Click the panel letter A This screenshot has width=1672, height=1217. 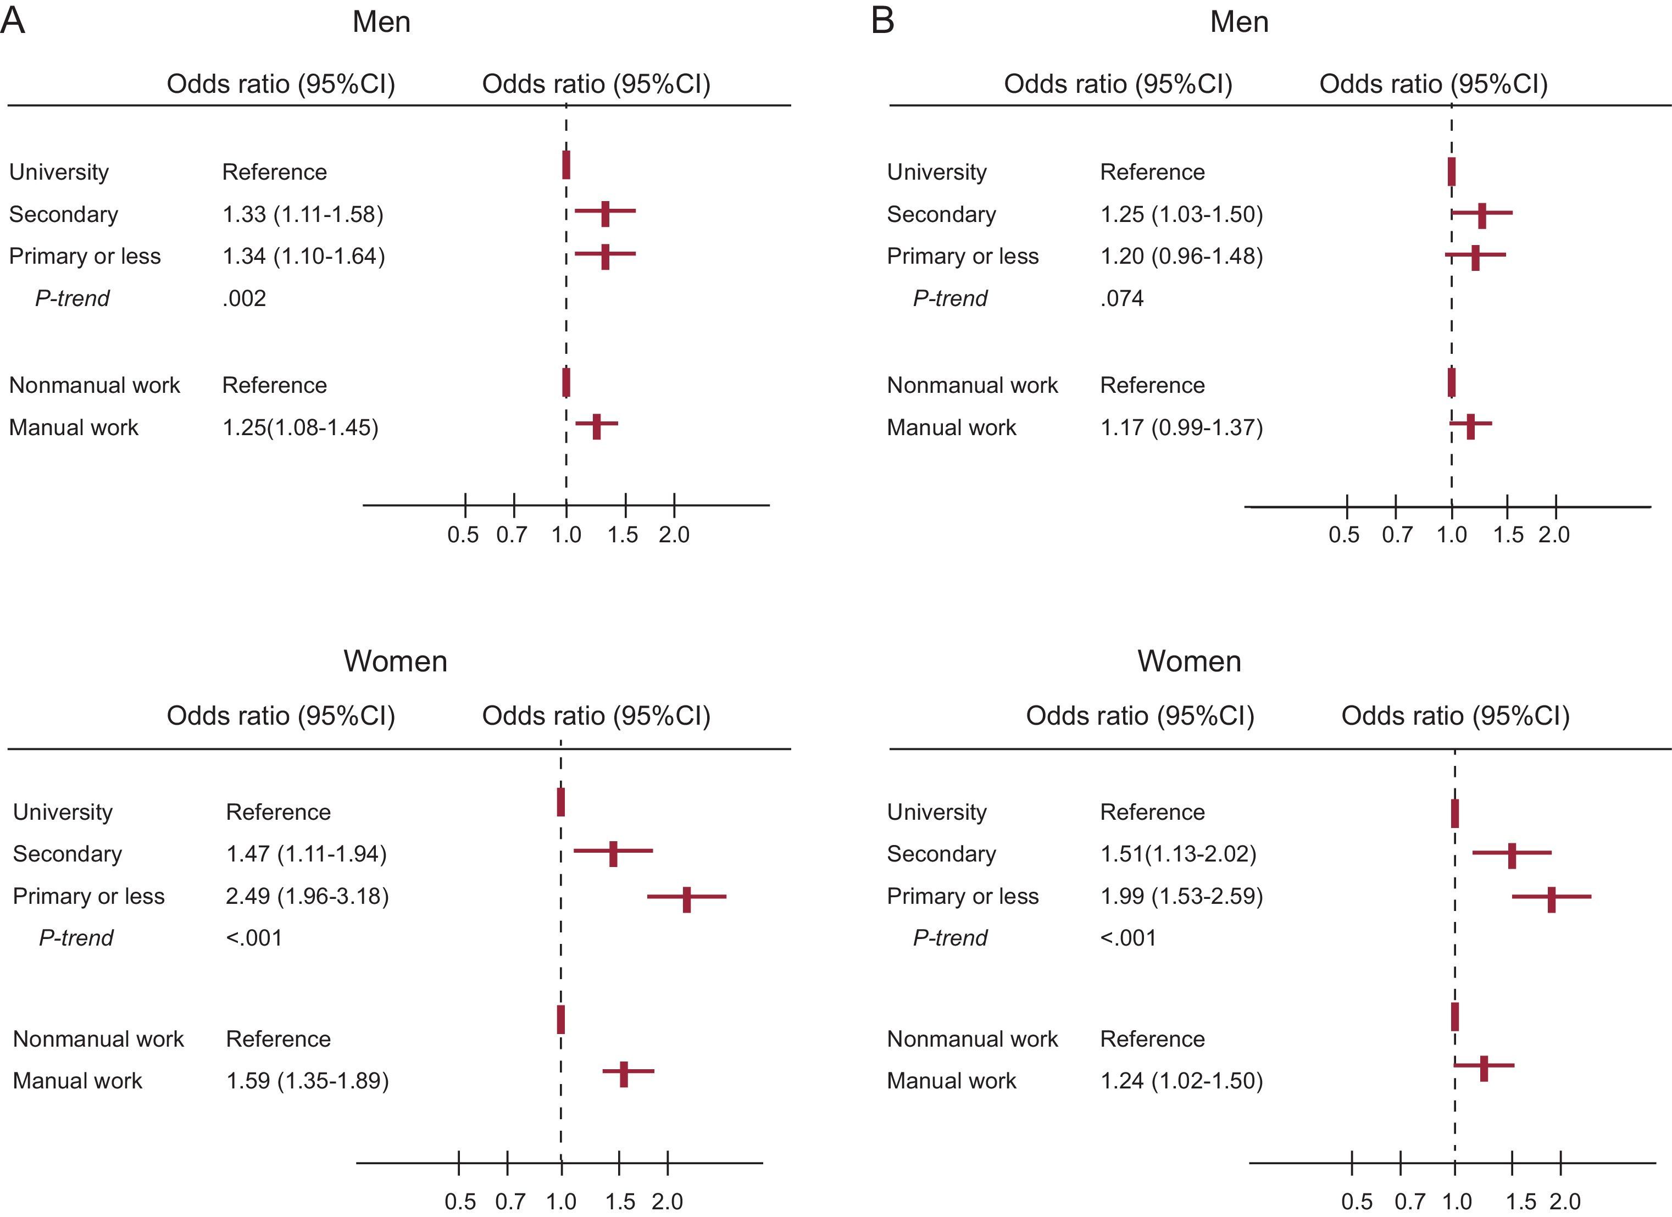click(x=13, y=21)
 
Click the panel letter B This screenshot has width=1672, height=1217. click(x=882, y=21)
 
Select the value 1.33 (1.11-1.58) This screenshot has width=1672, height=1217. click(x=303, y=214)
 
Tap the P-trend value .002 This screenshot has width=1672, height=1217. click(x=244, y=298)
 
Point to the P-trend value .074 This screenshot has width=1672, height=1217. click(x=1121, y=298)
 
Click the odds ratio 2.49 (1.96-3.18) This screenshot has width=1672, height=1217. click(x=307, y=896)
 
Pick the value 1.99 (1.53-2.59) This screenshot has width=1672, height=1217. click(x=1181, y=896)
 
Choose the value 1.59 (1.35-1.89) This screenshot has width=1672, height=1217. click(x=307, y=1081)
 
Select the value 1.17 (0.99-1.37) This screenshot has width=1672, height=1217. click(x=1181, y=427)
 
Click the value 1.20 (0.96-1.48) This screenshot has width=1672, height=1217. click(x=1181, y=257)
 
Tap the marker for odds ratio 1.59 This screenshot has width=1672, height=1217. click(x=624, y=1074)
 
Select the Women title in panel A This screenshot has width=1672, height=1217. click(x=395, y=661)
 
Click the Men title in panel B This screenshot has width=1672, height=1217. click(x=1239, y=22)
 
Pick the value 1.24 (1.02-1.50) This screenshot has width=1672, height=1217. click(x=1181, y=1081)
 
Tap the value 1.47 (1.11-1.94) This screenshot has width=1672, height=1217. click(x=306, y=854)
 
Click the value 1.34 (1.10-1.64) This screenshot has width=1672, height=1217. click(x=303, y=257)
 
